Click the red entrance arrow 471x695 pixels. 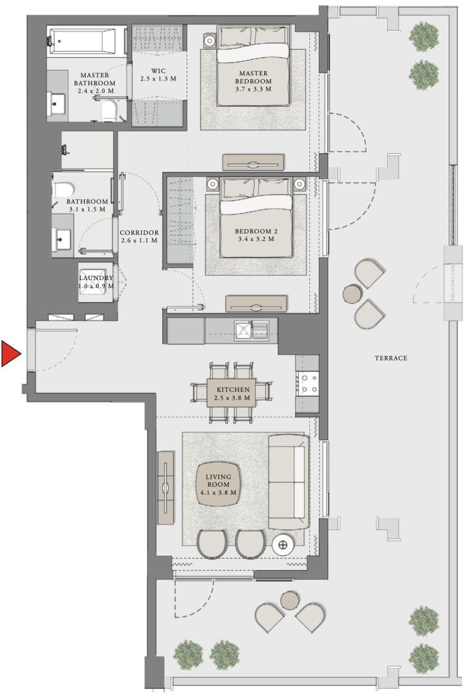(10, 354)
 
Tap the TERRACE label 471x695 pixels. (391, 358)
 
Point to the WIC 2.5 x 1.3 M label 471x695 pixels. (158, 75)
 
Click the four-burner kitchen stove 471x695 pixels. (307, 383)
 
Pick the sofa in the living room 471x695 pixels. (288, 482)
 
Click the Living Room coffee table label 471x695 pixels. (218, 484)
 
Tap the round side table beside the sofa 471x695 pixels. (283, 544)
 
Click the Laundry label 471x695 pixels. (96, 281)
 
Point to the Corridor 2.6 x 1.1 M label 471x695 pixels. (139, 237)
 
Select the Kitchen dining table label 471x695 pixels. (232, 393)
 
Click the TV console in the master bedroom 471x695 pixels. (253, 162)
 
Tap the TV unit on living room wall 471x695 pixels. (166, 488)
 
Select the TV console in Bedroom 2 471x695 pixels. (256, 303)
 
